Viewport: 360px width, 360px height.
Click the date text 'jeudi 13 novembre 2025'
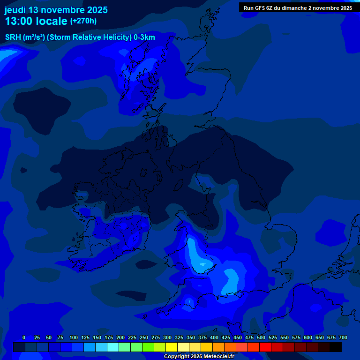coord(56,10)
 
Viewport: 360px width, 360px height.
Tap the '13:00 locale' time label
coord(36,21)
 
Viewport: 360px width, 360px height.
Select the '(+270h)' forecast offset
coord(83,21)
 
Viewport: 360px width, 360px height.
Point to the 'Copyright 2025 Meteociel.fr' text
coord(199,357)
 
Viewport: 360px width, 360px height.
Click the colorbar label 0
coord(24,337)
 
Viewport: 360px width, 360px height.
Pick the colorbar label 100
coord(74,337)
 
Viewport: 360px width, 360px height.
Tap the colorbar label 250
coord(144,337)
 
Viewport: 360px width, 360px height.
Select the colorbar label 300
coord(167,337)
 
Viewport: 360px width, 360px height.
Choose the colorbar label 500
coord(261,337)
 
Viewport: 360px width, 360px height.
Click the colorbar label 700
coord(343,337)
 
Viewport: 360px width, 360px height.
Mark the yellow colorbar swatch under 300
coord(172,347)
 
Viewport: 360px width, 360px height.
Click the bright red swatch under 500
coord(265,347)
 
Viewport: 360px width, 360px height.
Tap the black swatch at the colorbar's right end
coord(336,347)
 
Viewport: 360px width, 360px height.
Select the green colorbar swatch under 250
coord(148,347)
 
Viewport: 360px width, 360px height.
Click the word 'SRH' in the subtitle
coord(13,37)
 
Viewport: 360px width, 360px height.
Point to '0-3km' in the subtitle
coord(144,37)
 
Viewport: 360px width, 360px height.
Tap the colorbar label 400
coord(214,337)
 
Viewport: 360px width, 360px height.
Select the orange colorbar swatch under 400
coord(218,347)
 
